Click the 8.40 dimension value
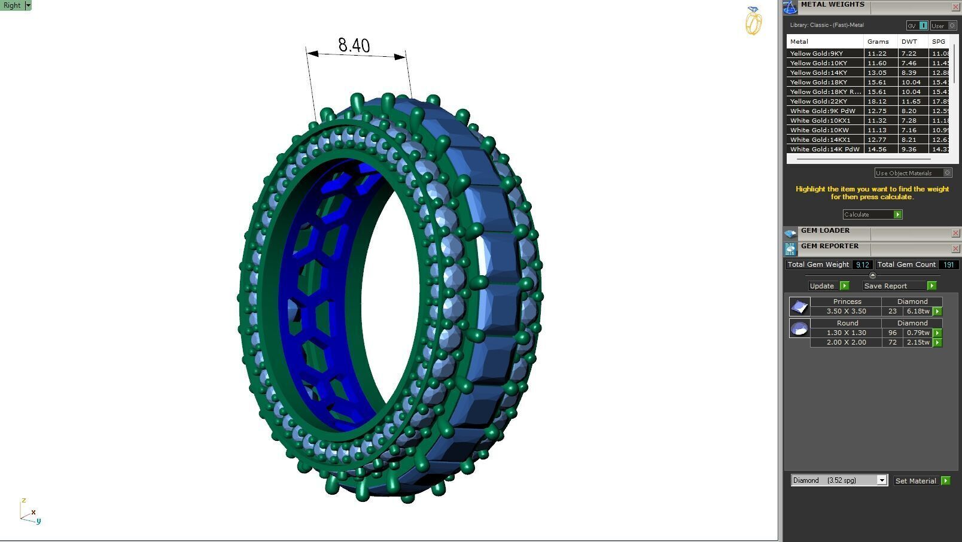pyautogui.click(x=354, y=45)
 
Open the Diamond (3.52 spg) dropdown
pyautogui.click(x=881, y=480)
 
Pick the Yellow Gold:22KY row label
pyautogui.click(x=818, y=101)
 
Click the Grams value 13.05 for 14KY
pyautogui.click(x=877, y=72)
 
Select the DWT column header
pyautogui.click(x=909, y=41)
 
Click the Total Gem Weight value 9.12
pyautogui.click(x=861, y=264)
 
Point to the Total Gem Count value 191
pyautogui.click(x=948, y=264)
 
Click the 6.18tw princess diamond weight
pyautogui.click(x=918, y=311)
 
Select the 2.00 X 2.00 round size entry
pyautogui.click(x=846, y=342)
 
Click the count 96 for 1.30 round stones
pyautogui.click(x=893, y=333)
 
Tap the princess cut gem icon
pyautogui.click(x=799, y=307)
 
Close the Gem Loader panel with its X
pyautogui.click(x=955, y=233)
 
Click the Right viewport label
pyautogui.click(x=12, y=5)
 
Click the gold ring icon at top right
pyautogui.click(x=753, y=21)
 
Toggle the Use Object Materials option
pyautogui.click(x=947, y=173)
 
